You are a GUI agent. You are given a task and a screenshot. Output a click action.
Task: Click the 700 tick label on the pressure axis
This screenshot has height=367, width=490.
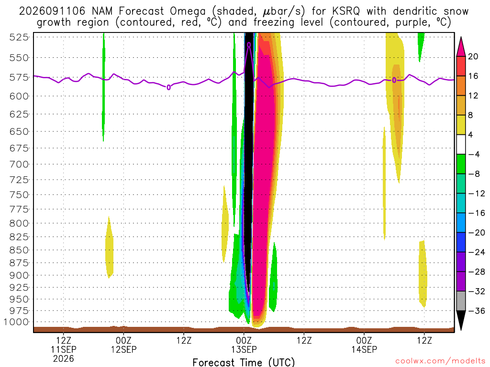pos(19,164)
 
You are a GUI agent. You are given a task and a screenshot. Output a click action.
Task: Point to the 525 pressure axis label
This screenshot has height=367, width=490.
pos(19,37)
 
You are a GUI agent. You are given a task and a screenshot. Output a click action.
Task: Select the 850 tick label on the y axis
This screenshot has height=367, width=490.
pos(19,250)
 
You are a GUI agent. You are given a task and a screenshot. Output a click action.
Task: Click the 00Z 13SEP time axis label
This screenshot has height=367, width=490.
pos(244,345)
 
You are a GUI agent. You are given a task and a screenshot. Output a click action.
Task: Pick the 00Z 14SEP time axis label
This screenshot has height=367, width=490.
pos(364,345)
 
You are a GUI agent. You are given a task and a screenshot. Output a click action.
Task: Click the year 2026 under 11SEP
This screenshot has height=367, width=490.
pos(64,358)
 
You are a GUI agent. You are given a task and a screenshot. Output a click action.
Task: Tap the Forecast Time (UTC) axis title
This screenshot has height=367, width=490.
pos(244,362)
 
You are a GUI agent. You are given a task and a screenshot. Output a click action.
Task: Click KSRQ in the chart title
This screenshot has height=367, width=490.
pos(346,11)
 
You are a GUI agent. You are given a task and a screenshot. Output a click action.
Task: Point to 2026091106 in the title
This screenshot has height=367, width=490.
pos(52,11)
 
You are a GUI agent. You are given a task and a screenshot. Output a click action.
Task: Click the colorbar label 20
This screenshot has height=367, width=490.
pos(473,56)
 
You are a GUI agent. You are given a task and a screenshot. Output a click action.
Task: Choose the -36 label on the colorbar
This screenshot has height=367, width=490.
pos(477,311)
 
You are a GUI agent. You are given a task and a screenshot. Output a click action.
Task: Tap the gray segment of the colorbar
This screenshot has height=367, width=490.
pos(461,301)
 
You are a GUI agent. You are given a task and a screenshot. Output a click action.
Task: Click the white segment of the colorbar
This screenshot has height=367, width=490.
pos(461,144)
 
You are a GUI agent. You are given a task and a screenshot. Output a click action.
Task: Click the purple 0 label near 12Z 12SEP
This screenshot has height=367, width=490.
pos(169,87)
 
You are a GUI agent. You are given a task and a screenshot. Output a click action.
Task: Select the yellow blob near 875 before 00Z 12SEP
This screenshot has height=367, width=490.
pos(109,247)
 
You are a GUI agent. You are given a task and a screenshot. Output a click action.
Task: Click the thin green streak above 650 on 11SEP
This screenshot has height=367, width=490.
pos(103,87)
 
